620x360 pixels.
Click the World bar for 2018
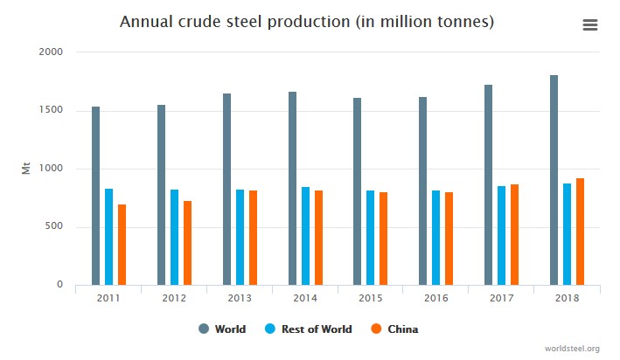(554, 180)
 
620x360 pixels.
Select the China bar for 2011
(122, 245)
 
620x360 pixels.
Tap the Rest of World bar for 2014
(305, 236)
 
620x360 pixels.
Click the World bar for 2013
(226, 189)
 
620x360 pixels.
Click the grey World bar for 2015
(358, 191)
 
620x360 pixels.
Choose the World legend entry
(223, 329)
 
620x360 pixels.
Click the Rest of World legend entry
(309, 329)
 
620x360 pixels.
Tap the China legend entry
(396, 329)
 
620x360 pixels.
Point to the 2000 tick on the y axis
(52, 52)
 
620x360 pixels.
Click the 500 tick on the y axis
(56, 227)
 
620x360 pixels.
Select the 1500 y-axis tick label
(52, 110)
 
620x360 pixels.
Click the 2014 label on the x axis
(305, 298)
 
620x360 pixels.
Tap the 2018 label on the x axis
(567, 298)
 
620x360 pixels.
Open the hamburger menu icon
(590, 25)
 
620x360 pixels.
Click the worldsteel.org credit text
(571, 349)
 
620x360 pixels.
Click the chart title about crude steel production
(307, 22)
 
